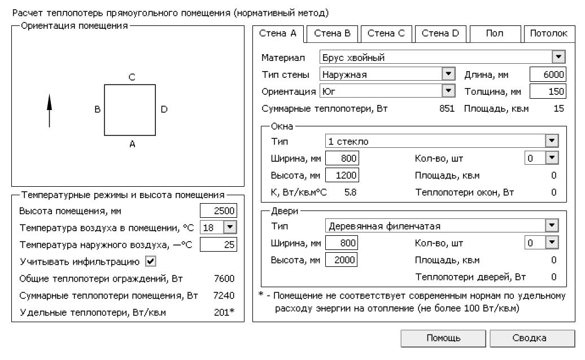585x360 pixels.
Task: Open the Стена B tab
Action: click(x=332, y=33)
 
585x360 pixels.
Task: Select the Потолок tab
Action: click(x=548, y=33)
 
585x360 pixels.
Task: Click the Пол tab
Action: click(x=495, y=33)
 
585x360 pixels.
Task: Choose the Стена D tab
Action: click(x=440, y=33)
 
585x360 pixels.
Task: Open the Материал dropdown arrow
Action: click(x=558, y=57)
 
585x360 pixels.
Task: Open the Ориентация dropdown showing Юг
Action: click(x=387, y=91)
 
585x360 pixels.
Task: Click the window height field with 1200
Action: click(x=342, y=175)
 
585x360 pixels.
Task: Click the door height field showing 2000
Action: click(x=342, y=260)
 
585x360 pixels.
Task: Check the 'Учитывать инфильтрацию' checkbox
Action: click(x=151, y=261)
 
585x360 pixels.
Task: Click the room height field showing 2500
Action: click(x=219, y=211)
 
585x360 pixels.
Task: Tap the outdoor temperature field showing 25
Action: click(x=219, y=244)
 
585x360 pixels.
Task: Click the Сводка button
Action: click(x=529, y=338)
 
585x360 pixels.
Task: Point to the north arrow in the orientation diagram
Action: click(x=49, y=111)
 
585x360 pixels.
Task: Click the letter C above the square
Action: click(x=131, y=77)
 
